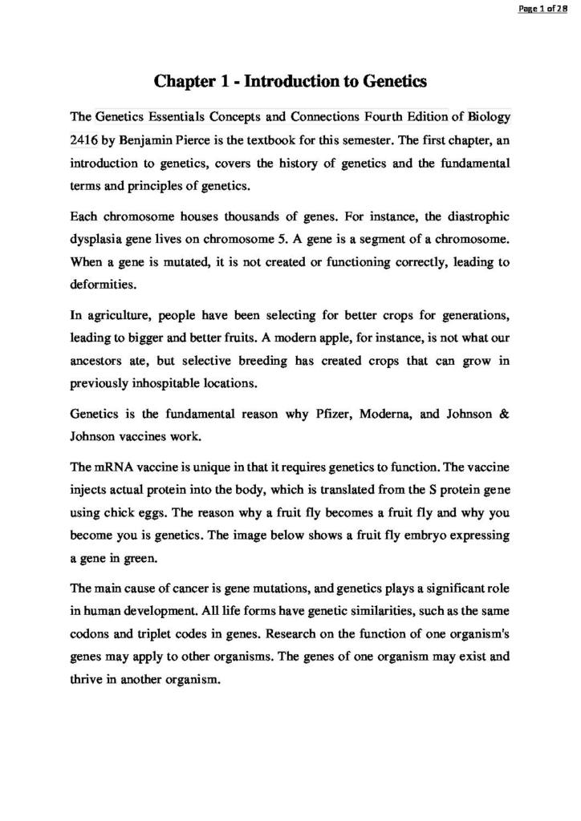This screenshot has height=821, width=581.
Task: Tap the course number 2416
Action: (84, 139)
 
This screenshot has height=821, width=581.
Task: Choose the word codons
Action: (90, 633)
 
